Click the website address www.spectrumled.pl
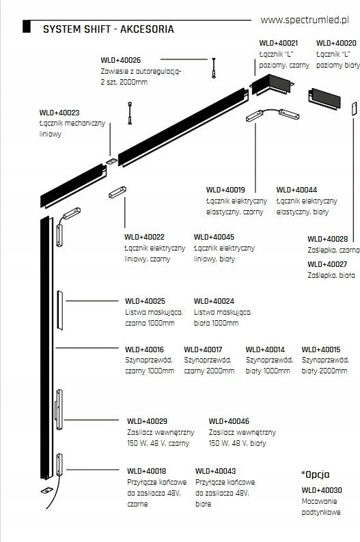[x=305, y=20]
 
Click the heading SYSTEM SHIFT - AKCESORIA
[x=108, y=29]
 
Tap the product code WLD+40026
[x=121, y=60]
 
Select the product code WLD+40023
[x=59, y=113]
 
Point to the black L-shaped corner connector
[x=272, y=85]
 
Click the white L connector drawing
[x=324, y=99]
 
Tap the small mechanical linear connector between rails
[x=112, y=161]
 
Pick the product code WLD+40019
[x=225, y=190]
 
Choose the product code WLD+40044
[x=296, y=190]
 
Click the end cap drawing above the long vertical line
[x=354, y=109]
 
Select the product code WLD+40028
[x=328, y=239]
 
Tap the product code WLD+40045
[x=214, y=237]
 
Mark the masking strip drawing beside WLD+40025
[x=60, y=311]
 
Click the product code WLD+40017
[x=203, y=350]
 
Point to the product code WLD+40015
[x=321, y=350]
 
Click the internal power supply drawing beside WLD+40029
[x=59, y=410]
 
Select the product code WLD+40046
[x=229, y=421]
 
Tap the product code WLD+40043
[x=215, y=471]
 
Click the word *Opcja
[x=315, y=474]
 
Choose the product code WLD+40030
[x=322, y=490]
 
